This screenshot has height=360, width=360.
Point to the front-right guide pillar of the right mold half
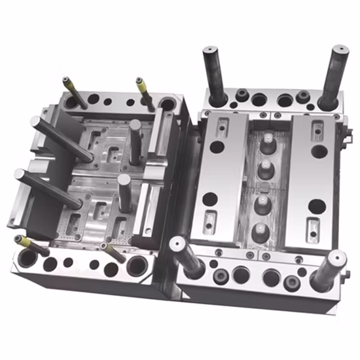point(329,268)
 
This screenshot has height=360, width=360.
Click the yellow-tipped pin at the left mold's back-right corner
point(145,93)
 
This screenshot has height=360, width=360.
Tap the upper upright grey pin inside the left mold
point(135,141)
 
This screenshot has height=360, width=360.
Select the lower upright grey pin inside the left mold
point(124,193)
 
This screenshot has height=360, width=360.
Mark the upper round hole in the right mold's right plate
point(319,151)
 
